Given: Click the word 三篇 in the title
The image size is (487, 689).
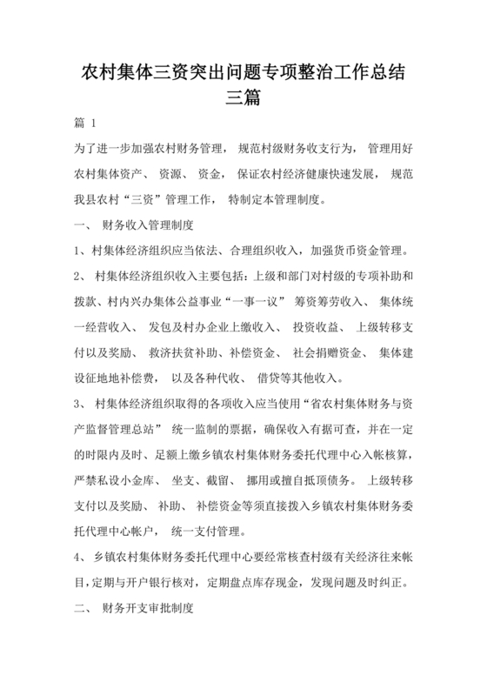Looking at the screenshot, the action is (243, 97).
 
